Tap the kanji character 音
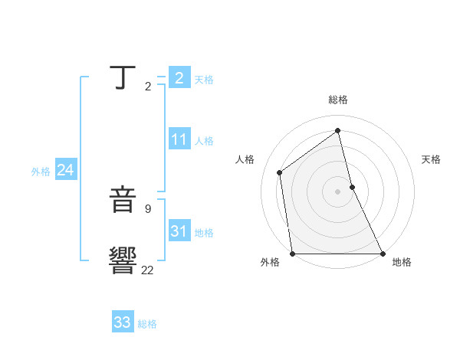point(123,201)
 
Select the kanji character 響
point(123,260)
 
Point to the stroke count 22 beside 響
point(147,270)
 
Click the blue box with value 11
point(179,139)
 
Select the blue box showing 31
point(179,231)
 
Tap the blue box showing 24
point(66,170)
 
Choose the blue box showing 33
point(123,322)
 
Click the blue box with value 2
point(179,77)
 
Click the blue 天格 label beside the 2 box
point(204,79)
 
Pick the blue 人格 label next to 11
point(204,141)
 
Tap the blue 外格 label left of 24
point(41,172)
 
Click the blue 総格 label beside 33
point(147,324)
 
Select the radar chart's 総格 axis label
point(338,100)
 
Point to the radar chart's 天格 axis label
point(431,159)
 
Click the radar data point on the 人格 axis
point(280,172)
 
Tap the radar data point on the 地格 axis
point(382,253)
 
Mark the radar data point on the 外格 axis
point(293,253)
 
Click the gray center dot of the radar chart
point(337,191)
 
